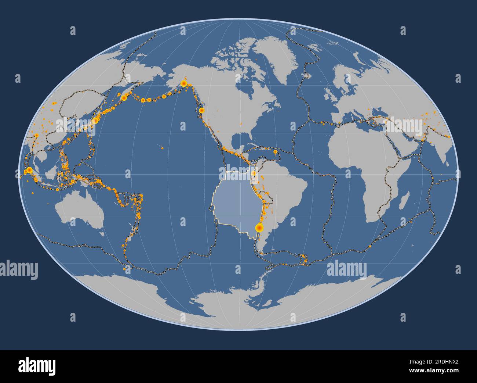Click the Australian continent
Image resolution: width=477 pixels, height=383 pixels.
pyautogui.click(x=79, y=210)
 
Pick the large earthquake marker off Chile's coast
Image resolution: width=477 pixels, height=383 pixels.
pyautogui.click(x=259, y=228)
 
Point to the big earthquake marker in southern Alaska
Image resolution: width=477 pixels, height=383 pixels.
pyautogui.click(x=183, y=83)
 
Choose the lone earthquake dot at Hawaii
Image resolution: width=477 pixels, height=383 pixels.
pyautogui.click(x=162, y=148)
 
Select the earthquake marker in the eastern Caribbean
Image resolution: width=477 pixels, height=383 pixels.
pyautogui.click(x=275, y=151)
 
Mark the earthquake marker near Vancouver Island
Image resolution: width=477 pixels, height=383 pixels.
pyautogui.click(x=201, y=110)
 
